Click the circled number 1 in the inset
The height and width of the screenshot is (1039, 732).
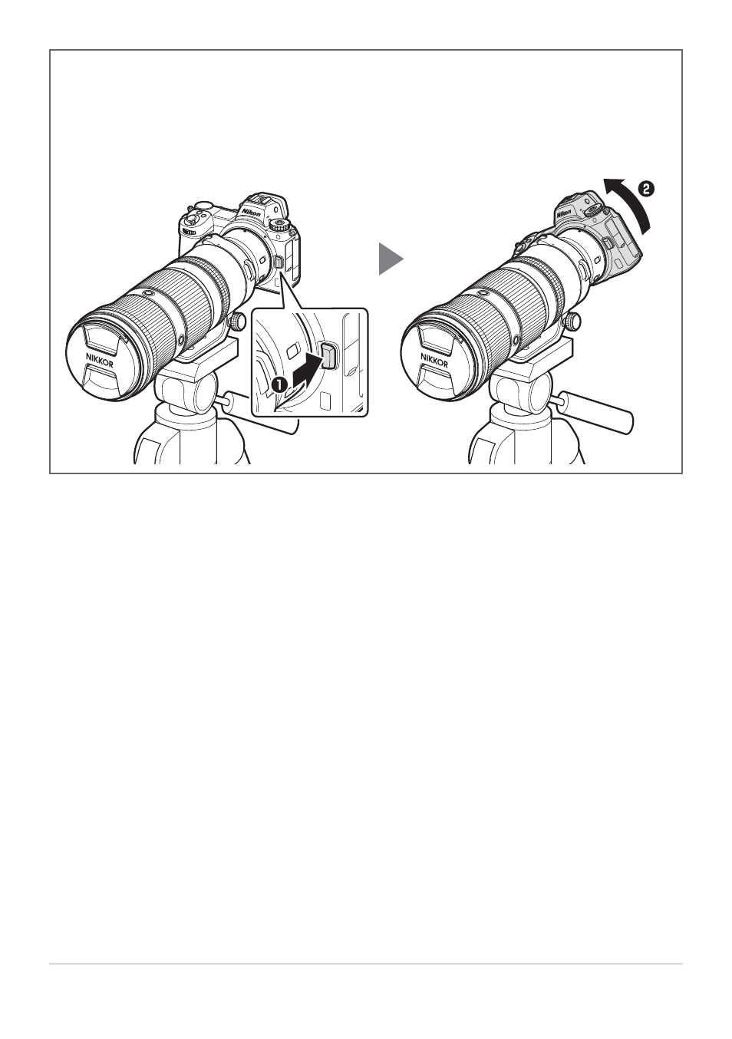pos(279,384)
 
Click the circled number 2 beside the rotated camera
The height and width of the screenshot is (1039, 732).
pos(646,190)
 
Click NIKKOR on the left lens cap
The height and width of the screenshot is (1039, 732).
pos(99,359)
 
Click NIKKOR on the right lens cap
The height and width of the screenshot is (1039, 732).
pos(434,359)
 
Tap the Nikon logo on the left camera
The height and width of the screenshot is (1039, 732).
pos(251,211)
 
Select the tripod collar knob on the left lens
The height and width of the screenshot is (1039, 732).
pos(239,321)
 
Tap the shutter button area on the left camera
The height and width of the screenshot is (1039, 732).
pos(203,206)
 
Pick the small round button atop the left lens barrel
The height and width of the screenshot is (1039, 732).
pos(147,294)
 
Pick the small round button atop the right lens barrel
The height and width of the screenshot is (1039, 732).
pos(482,294)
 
